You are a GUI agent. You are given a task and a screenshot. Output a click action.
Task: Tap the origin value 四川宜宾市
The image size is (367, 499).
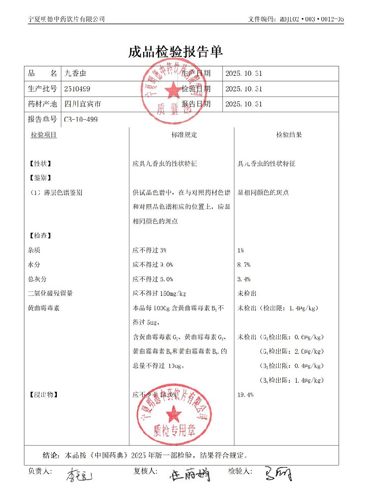(83, 105)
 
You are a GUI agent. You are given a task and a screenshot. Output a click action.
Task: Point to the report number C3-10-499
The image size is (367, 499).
(81, 120)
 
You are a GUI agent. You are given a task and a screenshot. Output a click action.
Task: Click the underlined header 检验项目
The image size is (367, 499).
(44, 135)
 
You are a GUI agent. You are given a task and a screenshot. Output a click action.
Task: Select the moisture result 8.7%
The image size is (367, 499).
(244, 264)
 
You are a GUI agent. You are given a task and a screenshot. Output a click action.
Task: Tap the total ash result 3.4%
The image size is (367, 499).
(244, 279)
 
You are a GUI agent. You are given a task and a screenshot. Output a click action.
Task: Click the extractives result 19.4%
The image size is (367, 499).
(246, 395)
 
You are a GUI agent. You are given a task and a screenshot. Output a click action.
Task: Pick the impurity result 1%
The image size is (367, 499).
(241, 250)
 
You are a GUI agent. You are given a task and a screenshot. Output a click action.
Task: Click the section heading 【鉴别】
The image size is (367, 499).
(40, 178)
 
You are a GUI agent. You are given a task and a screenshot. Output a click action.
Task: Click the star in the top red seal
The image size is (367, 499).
(174, 90)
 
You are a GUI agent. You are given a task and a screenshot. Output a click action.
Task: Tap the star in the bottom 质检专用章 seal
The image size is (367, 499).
(174, 414)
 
